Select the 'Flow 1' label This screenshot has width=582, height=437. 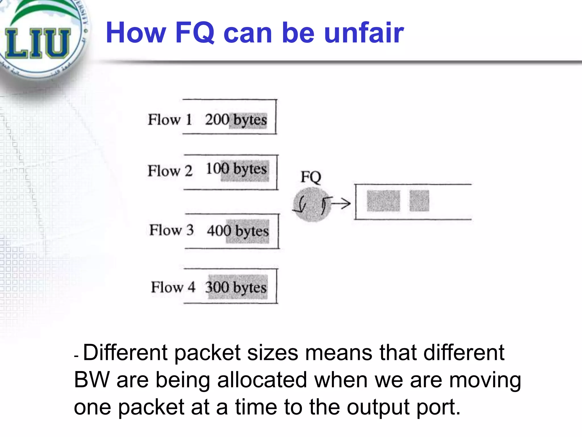coord(170,119)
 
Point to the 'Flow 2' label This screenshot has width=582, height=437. coord(170,171)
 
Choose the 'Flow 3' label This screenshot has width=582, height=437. coord(171,230)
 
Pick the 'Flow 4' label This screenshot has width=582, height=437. coord(173,287)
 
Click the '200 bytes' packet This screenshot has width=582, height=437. coord(236,120)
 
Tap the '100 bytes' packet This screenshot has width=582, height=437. coord(236,169)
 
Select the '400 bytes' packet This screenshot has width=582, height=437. coord(238,231)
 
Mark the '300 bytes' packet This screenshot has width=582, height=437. coord(236,287)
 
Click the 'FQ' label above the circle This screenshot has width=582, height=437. coord(311,177)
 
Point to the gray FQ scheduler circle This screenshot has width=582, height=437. coord(311,204)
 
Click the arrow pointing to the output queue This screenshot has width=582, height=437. coord(341,203)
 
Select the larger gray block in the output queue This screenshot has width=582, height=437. coord(383,201)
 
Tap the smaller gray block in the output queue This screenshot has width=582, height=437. coord(419,201)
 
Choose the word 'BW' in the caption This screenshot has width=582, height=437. coord(92,380)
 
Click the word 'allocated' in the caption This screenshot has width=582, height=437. coord(262,380)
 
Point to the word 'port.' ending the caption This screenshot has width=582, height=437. coord(438,407)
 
